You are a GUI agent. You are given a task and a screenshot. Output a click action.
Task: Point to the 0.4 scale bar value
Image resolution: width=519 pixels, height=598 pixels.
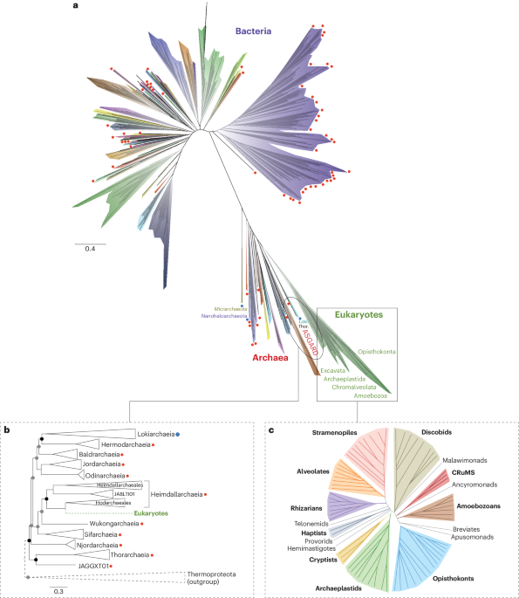(x=90, y=250)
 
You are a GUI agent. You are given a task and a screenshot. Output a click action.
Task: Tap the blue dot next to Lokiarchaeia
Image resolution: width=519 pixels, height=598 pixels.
(x=177, y=433)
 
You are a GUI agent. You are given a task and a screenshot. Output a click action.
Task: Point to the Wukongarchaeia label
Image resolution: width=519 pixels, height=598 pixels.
(x=113, y=524)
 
